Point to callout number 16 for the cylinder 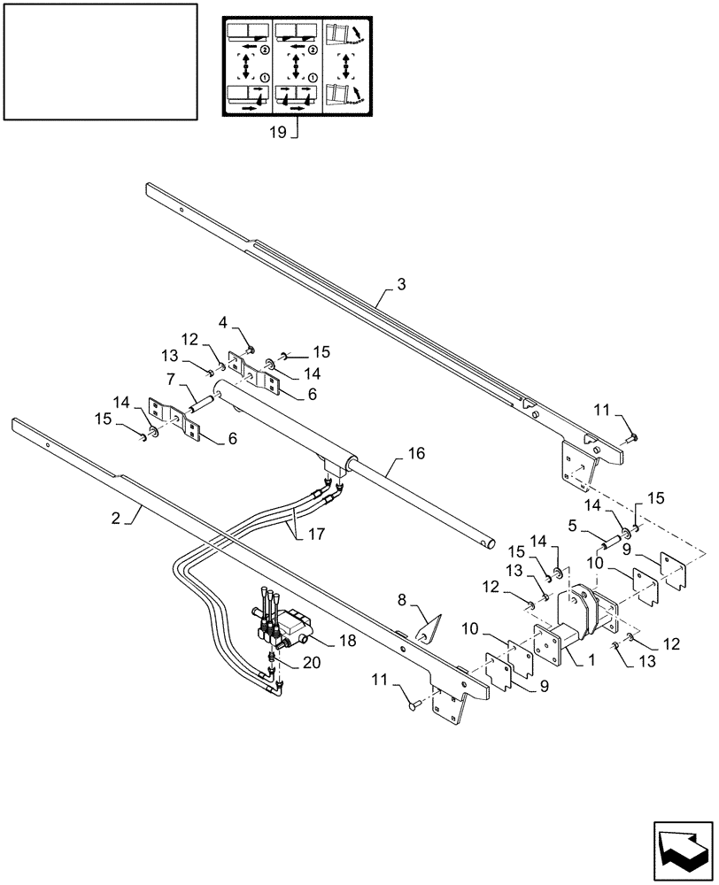coord(416,453)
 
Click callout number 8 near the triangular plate coord(404,600)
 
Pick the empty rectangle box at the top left coord(99,61)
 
